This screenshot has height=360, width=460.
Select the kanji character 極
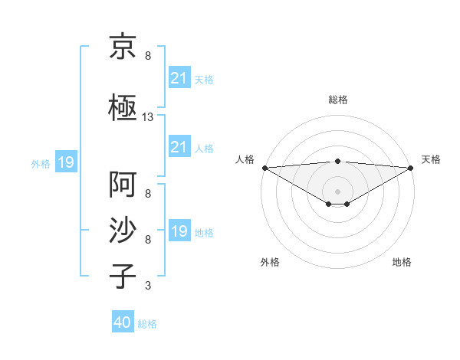123,107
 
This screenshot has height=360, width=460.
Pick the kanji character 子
123,275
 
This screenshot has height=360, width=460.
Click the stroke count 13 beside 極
148,117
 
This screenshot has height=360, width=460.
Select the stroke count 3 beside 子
147,286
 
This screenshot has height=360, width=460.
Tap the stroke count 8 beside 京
147,57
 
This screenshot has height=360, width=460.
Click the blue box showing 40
123,322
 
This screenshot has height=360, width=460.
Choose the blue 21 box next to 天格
179,78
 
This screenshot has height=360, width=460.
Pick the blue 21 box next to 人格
179,147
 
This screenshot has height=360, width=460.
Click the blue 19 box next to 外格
65,162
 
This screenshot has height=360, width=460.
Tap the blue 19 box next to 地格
179,231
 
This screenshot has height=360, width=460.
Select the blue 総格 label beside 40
147,323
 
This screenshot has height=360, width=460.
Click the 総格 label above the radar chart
338,100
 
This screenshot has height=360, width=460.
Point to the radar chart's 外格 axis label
270,262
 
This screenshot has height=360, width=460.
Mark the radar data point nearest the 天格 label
410,168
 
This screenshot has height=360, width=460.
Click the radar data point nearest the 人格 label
264,168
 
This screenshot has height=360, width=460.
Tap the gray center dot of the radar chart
337,191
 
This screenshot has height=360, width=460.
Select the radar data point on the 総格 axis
337,161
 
